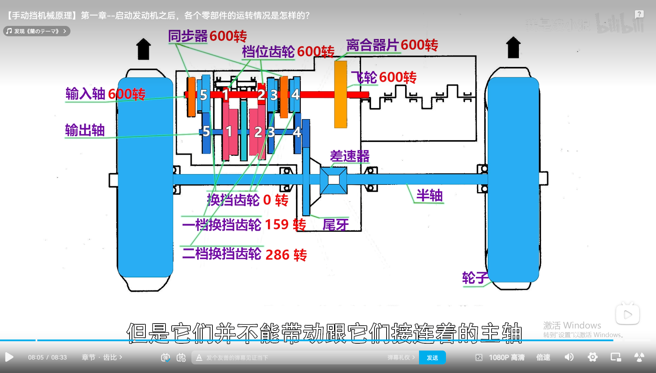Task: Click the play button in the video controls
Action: tap(9, 357)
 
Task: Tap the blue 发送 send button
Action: tap(432, 357)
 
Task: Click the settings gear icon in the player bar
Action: tap(592, 357)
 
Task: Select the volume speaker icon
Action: tap(569, 357)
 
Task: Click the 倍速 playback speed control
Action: tap(543, 357)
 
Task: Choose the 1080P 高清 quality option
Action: tap(506, 357)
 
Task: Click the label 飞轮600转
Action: tap(384, 77)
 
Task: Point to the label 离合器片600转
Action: tap(392, 45)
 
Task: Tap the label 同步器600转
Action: tap(207, 36)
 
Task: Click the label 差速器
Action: tap(350, 156)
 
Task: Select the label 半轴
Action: tap(429, 195)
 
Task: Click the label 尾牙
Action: tap(335, 225)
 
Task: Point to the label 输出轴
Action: tap(85, 131)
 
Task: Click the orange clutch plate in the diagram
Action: tap(341, 94)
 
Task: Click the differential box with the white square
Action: tap(333, 180)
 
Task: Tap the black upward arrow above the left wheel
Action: tap(143, 49)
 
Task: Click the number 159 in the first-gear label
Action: tap(277, 224)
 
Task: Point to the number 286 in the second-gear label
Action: tap(277, 255)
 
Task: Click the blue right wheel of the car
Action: tap(513, 180)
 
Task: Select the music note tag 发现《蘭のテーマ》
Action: tap(37, 31)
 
